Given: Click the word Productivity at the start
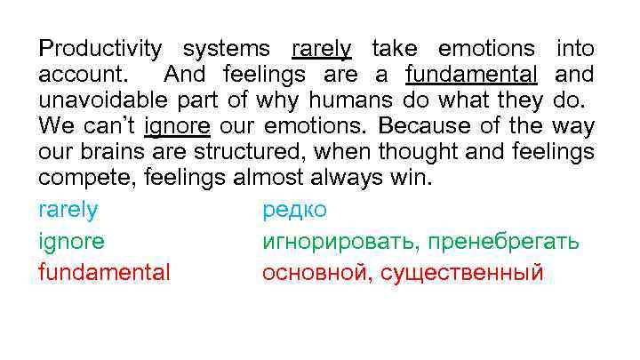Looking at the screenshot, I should (x=100, y=49).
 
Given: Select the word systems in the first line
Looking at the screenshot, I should (x=226, y=49).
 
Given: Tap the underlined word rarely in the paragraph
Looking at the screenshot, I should (x=322, y=49).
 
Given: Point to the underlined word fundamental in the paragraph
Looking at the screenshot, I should (x=471, y=74).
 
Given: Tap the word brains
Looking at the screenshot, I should (x=105, y=151).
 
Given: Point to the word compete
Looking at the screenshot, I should (x=82, y=177).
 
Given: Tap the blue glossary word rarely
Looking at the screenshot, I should (x=68, y=210).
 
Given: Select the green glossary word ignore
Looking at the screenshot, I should (x=71, y=241).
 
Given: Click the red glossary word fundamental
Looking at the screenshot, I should (x=104, y=272).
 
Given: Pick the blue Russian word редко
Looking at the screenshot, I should (x=294, y=210).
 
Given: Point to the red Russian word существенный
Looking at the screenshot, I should (x=461, y=272).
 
